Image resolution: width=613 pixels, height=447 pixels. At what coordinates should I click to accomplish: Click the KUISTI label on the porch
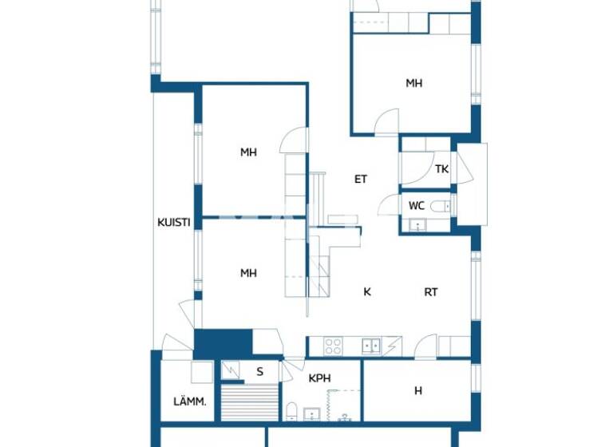pos(173,223)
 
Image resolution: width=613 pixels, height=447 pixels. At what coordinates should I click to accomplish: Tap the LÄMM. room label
pos(190,402)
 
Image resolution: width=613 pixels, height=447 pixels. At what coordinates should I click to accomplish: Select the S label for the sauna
pos(259,371)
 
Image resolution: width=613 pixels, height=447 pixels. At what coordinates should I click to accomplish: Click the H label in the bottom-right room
pos(417,390)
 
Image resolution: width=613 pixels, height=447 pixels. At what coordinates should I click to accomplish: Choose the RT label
pos(430,292)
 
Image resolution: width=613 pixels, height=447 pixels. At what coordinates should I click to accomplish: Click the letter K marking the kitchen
pos(367,292)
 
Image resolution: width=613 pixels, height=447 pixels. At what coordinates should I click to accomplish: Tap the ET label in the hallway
pos(361,180)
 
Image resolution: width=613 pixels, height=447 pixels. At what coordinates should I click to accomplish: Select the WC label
pos(416,206)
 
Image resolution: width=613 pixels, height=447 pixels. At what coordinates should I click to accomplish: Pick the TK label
pos(441,169)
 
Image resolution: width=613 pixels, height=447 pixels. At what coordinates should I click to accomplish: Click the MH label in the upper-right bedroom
pos(413,83)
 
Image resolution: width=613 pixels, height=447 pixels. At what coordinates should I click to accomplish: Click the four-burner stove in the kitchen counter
pos(333,346)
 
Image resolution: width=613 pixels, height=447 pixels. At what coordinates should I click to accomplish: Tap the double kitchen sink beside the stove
pos(370,346)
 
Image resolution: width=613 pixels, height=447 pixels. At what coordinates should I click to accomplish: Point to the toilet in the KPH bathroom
pos(292,412)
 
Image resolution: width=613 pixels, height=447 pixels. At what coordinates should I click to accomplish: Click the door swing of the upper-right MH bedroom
pos(388,122)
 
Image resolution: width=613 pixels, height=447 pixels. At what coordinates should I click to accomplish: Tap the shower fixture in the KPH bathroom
pos(345,416)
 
